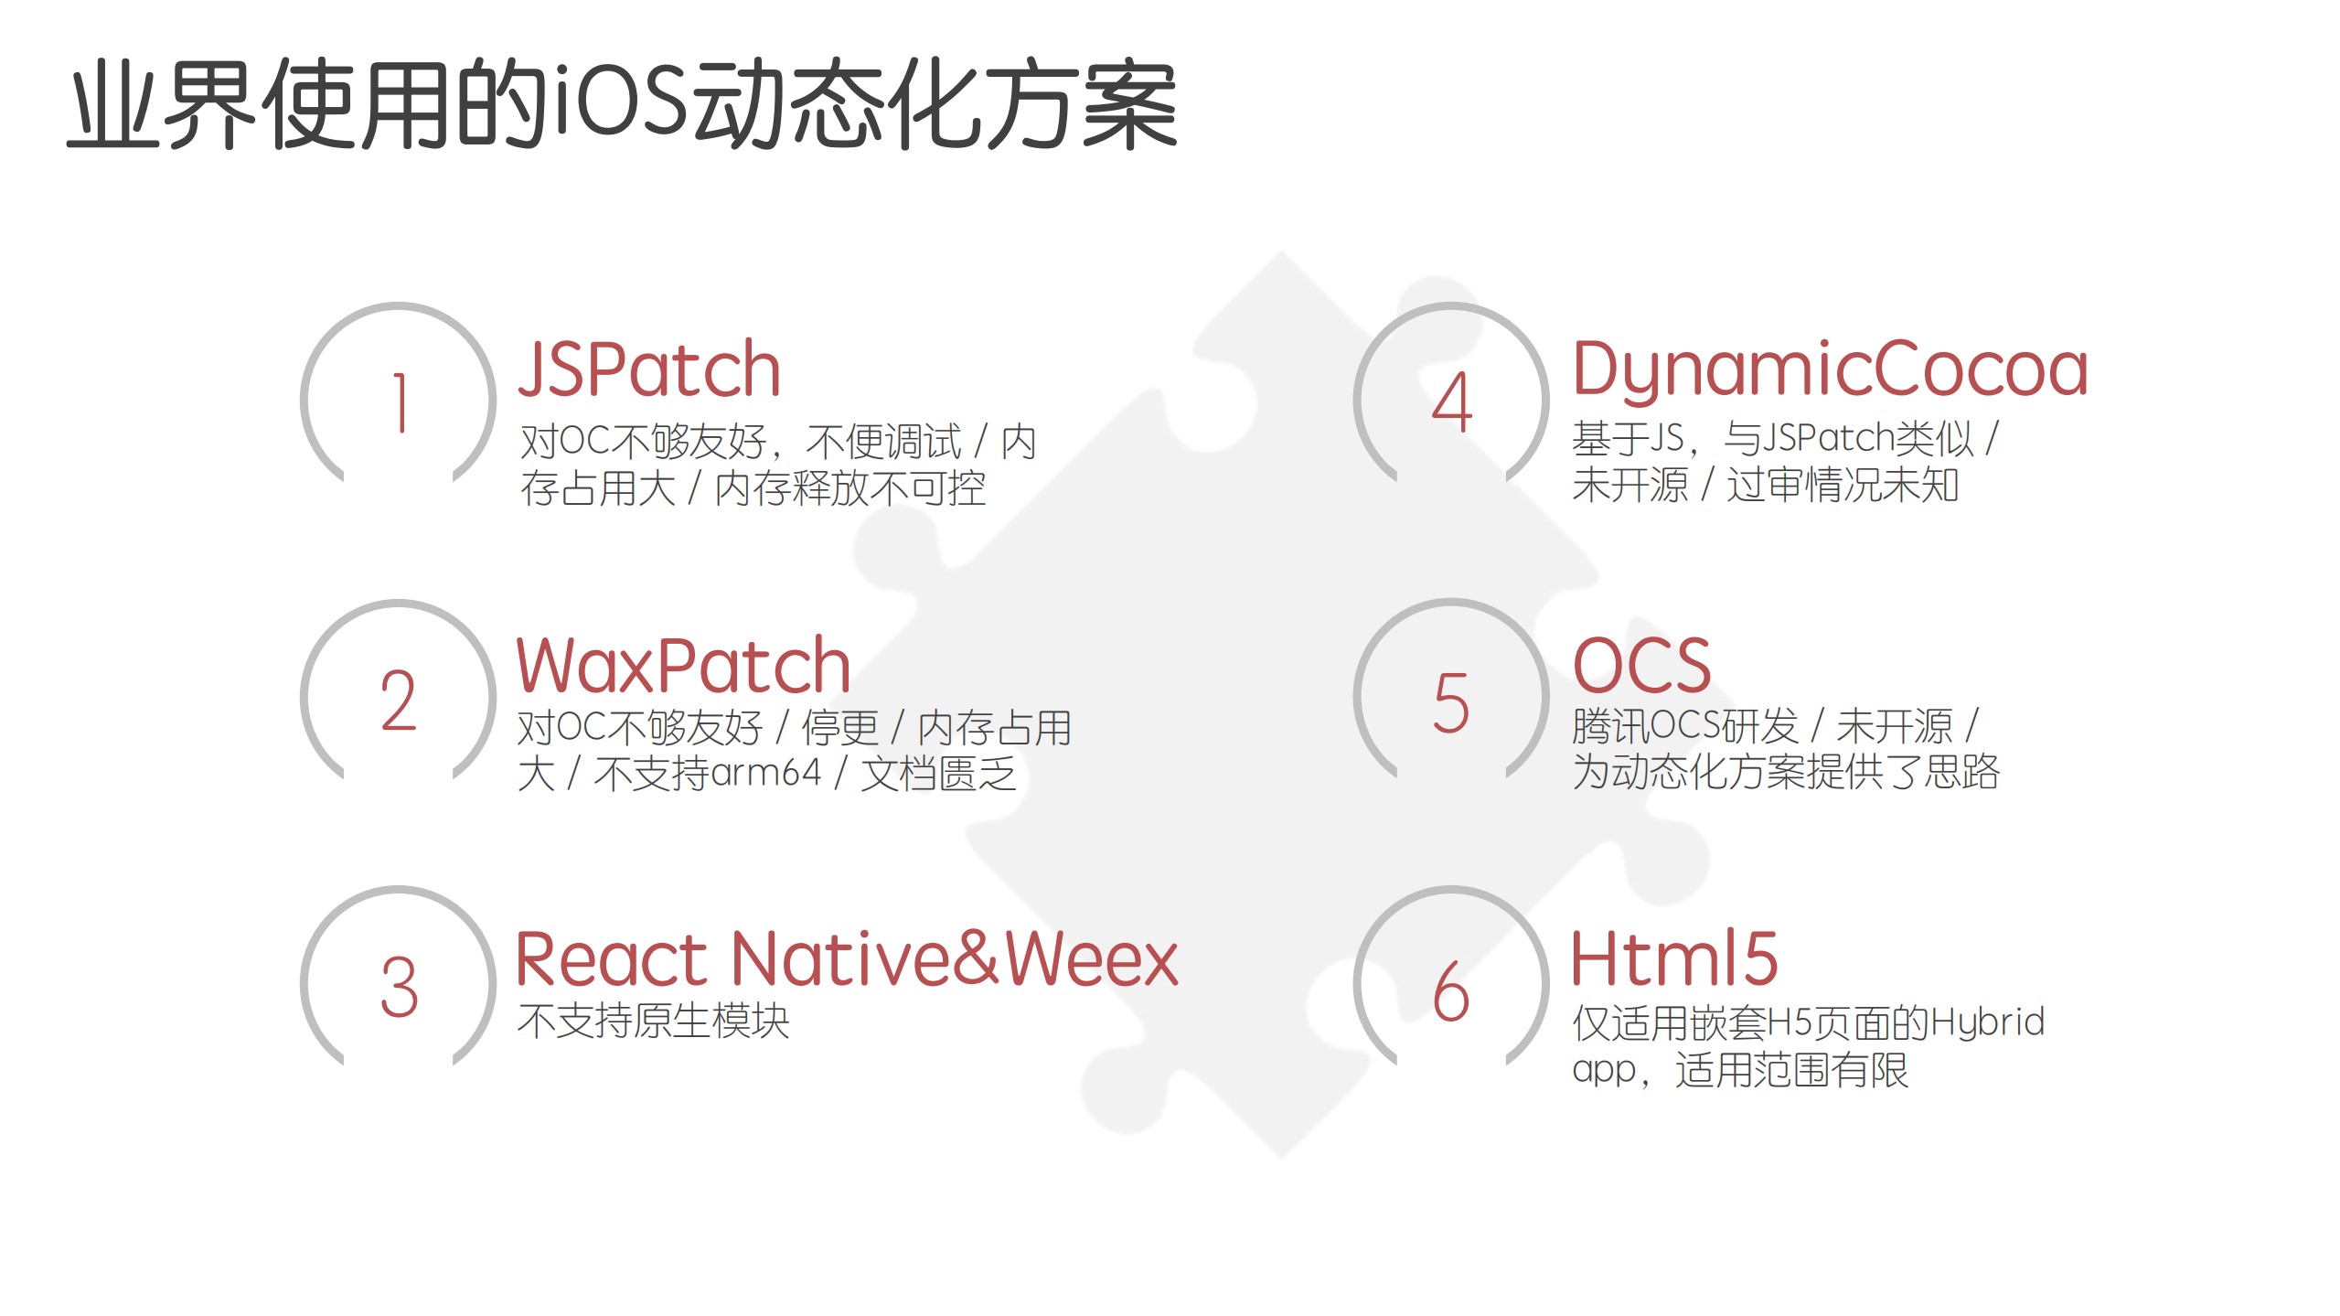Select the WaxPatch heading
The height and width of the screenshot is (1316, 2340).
(683, 665)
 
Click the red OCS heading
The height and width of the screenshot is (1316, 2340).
(1641, 665)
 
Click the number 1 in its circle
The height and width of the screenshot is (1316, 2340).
(400, 402)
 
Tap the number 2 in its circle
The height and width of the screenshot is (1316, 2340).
(400, 701)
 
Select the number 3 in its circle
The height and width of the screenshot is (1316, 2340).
(400, 988)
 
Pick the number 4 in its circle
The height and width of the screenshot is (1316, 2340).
(1452, 402)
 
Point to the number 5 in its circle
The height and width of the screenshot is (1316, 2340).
(1452, 702)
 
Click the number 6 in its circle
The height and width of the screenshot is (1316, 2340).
(1452, 991)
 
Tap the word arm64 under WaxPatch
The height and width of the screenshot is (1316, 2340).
(766, 773)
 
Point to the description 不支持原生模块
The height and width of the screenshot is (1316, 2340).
(653, 1021)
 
